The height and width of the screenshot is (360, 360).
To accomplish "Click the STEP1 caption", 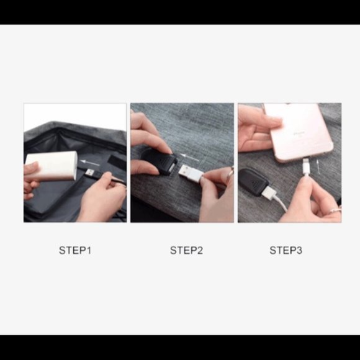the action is point(75,250).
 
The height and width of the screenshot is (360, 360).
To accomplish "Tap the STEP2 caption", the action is point(186,250).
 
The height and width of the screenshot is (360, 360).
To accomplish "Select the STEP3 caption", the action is point(286,250).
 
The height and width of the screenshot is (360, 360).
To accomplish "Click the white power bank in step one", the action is point(52,165).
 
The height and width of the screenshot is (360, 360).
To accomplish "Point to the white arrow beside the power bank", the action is point(90,163).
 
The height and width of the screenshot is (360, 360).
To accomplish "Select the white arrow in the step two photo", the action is point(190,157).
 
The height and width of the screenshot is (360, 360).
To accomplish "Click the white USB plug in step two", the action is point(190,173).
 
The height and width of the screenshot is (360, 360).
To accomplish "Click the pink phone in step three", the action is point(299,132).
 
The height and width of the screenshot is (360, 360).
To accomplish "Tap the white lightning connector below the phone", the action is point(306,166).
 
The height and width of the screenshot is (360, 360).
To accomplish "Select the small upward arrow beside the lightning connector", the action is point(318,166).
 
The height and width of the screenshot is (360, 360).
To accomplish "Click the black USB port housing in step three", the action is point(252,182).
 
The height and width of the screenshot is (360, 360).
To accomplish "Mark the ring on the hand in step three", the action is point(335,209).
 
